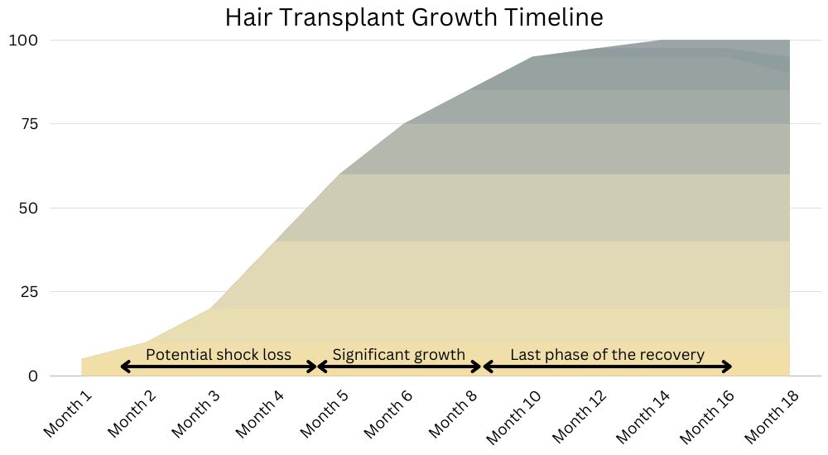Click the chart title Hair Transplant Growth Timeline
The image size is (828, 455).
coord(414,17)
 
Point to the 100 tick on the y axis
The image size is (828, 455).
coord(22,40)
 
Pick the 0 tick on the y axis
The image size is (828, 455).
coord(33,376)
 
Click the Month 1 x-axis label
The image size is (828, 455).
coord(68,414)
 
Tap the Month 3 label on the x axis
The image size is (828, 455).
coord(196,414)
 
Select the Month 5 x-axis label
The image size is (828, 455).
coord(325,414)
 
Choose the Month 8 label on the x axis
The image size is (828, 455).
coord(453,414)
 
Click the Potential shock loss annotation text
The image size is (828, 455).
coord(218,355)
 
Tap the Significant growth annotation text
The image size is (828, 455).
coord(399,355)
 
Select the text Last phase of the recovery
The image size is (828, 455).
coord(607,355)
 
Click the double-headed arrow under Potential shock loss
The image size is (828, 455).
coord(218,366)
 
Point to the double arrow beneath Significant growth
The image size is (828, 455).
coord(400,366)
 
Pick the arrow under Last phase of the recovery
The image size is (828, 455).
coord(608,366)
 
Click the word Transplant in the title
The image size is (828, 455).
coord(341,17)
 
